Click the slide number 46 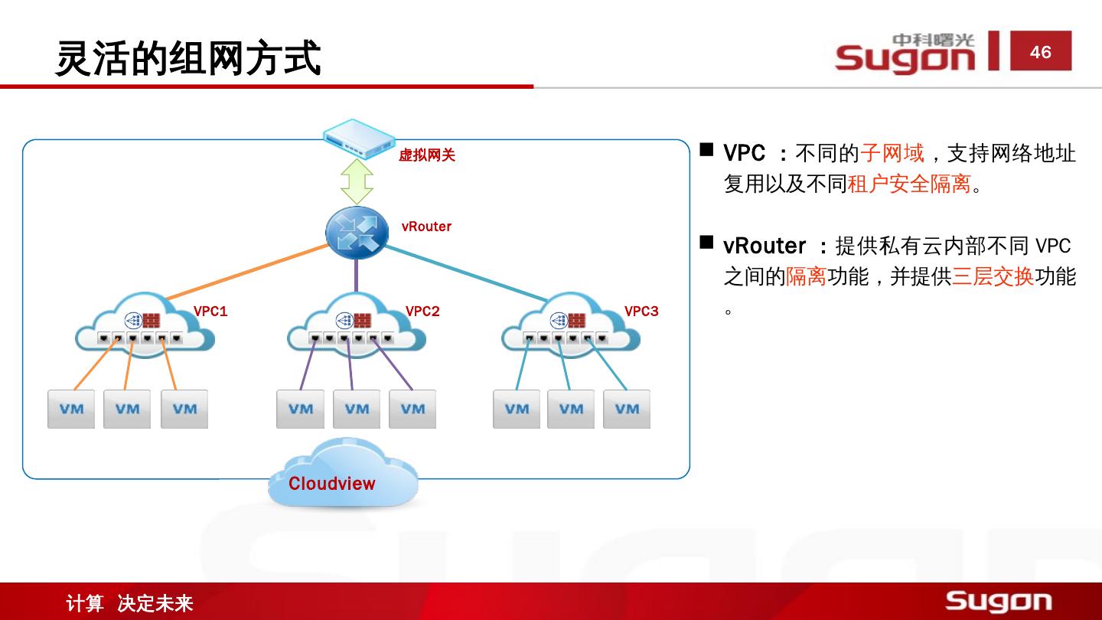click(1040, 52)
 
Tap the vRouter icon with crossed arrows click(357, 232)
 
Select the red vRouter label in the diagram click(426, 227)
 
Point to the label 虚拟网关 click(427, 155)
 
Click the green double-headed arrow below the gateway click(357, 181)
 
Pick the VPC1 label click(210, 312)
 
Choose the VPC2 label click(422, 312)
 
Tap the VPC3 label click(641, 312)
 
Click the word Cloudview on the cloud click(332, 484)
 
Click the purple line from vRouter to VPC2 click(356, 276)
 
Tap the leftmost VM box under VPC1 click(71, 410)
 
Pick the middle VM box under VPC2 click(357, 410)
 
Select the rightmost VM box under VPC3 click(627, 410)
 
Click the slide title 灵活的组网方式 click(188, 58)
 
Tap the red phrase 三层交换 click(993, 276)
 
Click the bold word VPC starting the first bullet click(745, 153)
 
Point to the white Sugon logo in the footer click(998, 601)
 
